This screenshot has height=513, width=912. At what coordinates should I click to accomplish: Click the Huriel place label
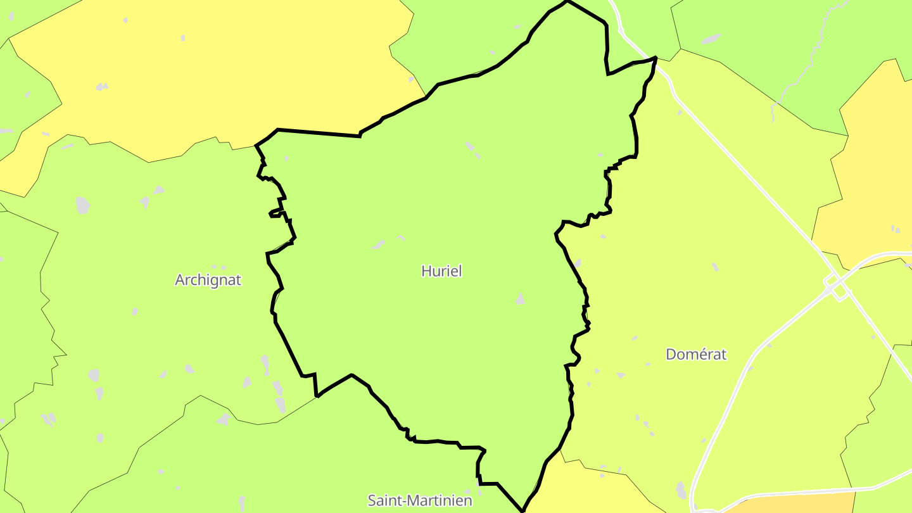441,271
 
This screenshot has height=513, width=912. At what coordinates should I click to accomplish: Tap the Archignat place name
208,280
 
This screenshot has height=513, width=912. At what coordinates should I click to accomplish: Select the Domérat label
695,355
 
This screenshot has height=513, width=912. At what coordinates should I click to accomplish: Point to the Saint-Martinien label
420,500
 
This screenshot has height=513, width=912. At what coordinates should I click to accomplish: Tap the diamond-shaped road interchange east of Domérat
837,286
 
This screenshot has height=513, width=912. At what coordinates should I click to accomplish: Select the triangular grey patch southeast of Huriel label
520,299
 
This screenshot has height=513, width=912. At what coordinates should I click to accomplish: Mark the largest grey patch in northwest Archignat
82,205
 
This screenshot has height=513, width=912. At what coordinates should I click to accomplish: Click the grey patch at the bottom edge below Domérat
681,490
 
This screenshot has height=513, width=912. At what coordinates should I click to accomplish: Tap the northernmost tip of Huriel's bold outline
567,1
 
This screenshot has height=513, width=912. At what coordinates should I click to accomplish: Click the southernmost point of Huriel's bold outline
522,510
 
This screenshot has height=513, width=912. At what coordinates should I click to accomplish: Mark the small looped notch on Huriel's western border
276,213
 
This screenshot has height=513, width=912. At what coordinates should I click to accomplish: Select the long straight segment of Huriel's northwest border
319,132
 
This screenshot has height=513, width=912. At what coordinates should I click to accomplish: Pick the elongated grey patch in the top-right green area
711,39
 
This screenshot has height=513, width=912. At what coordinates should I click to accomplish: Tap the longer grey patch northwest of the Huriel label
378,244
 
